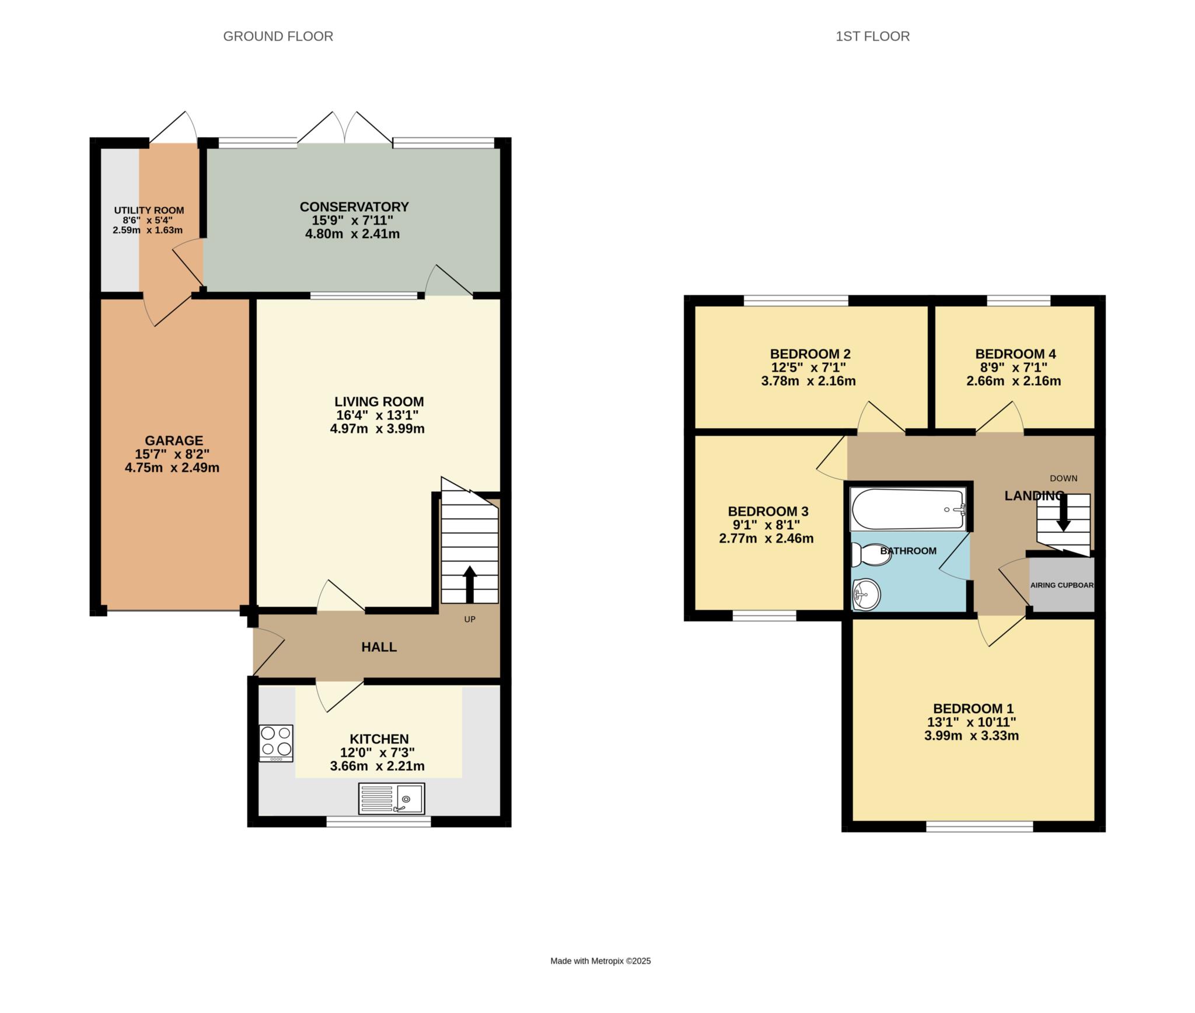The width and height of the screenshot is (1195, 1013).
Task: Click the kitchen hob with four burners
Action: click(276, 743)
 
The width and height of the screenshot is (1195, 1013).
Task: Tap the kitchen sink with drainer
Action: click(392, 798)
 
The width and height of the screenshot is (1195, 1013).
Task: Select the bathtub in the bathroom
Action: click(909, 509)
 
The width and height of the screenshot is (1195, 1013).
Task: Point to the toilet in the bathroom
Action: click(872, 554)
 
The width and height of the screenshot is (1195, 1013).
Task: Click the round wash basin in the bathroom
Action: click(866, 595)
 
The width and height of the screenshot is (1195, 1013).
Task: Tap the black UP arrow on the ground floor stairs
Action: click(470, 584)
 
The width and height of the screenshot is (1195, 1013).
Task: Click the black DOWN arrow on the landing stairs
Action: click(1064, 512)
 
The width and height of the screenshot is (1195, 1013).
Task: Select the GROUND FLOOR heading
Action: click(278, 36)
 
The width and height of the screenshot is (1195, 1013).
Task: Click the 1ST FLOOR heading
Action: click(872, 36)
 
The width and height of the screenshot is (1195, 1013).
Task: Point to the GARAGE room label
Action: click(174, 441)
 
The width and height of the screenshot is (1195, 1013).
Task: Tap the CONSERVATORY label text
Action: click(354, 207)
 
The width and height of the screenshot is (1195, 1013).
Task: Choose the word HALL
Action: click(379, 647)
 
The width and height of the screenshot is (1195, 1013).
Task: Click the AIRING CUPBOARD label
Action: click(1062, 585)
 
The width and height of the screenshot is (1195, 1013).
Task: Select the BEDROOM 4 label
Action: click(1015, 354)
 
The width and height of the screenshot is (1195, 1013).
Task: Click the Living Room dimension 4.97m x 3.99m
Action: click(377, 429)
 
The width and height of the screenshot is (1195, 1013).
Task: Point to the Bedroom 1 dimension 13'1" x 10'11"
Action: click(972, 722)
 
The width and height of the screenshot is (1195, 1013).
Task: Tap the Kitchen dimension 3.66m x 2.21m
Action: click(377, 766)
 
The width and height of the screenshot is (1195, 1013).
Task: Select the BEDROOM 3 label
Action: click(768, 511)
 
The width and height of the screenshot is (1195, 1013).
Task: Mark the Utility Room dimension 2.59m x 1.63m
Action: click(148, 230)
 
